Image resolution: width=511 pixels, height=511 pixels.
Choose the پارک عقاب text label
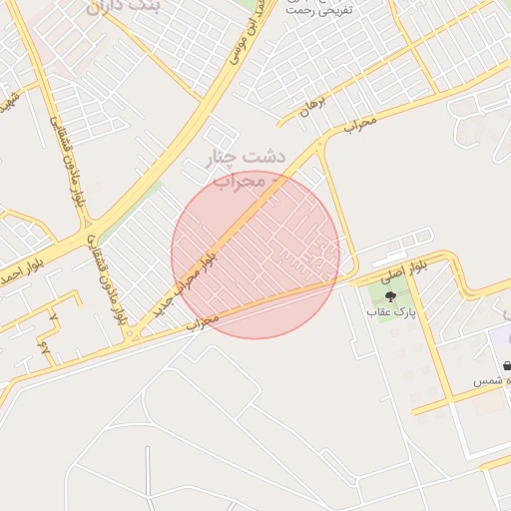click(x=391, y=313)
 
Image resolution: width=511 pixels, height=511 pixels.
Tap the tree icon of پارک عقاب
click(x=389, y=295)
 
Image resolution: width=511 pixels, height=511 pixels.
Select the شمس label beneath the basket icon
click(x=492, y=382)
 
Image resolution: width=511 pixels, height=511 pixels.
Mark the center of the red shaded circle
click(x=255, y=255)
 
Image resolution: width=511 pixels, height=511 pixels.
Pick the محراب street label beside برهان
click(x=360, y=123)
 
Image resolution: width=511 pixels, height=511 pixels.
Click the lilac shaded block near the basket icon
click(x=500, y=339)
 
